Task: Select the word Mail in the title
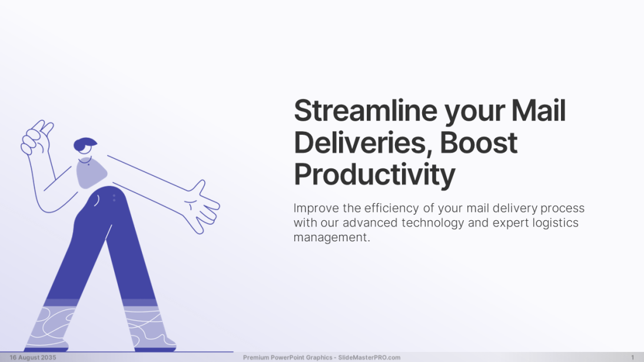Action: tap(539, 111)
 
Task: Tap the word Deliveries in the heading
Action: tap(363, 143)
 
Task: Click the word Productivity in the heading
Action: tap(374, 175)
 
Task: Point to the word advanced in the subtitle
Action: tap(370, 222)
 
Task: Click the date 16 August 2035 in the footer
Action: tap(33, 357)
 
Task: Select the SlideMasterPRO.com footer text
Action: tap(369, 357)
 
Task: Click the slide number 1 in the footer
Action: tap(632, 357)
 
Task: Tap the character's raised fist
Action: tap(36, 137)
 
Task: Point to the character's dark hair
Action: tap(85, 144)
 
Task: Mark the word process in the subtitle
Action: tap(562, 208)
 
